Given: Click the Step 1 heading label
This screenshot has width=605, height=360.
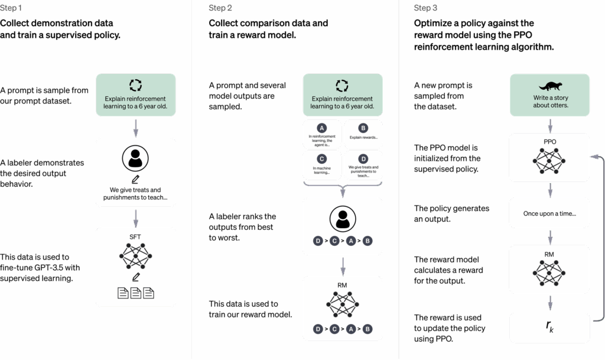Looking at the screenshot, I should pos(11,8).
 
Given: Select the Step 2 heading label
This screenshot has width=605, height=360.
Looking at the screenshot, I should pos(220,8).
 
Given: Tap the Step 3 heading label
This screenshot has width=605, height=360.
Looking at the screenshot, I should pos(425,8).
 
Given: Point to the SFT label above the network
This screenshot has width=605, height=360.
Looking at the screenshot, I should pos(135,236).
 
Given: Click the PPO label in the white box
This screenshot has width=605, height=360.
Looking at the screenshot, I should pos(550,142).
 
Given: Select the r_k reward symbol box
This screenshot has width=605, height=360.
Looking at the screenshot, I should pos(550,326).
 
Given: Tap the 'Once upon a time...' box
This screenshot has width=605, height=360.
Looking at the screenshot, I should pos(550,213).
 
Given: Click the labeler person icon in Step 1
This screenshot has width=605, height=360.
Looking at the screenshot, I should pos(135,158).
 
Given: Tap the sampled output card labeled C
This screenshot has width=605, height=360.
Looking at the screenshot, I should pos(322,166).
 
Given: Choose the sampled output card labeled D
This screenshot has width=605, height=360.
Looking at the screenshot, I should pos(363,166).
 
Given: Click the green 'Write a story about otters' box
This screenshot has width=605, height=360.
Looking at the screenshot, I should pos(550,95).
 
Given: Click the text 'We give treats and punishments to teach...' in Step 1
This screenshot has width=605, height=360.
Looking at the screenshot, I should pos(135,193).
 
